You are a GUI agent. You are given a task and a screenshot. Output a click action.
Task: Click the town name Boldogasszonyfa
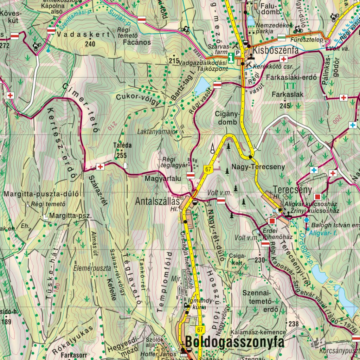[234, 342]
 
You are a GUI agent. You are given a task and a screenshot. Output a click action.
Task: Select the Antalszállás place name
[158, 201]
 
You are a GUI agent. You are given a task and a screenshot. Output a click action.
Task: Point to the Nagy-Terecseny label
[258, 167]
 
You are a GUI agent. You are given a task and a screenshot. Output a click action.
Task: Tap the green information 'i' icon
[231, 58]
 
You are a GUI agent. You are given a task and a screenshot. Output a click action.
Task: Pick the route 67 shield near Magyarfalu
[208, 169]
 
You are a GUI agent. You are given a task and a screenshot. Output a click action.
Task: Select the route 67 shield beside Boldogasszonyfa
[200, 329]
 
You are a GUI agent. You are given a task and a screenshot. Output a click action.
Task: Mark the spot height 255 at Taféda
[122, 155]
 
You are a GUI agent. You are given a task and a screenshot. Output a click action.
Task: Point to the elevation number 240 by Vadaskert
[90, 44]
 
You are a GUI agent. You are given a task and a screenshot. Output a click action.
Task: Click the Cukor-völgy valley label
[137, 99]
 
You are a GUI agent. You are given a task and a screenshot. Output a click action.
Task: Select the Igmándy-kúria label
[201, 303]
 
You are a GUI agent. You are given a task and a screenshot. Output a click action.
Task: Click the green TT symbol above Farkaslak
[290, 85]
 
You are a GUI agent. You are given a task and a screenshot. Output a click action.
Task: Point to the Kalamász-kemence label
[258, 332]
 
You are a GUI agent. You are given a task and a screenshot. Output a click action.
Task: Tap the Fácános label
[137, 42]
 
